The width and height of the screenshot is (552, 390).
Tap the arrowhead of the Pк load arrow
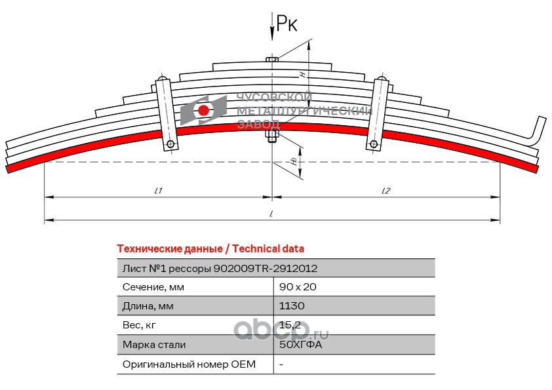(x=272, y=35)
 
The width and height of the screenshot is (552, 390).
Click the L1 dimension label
(x=159, y=191)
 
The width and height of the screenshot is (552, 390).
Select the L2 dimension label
(x=386, y=191)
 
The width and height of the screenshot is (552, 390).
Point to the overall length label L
(x=271, y=214)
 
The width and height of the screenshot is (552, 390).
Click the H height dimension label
(x=303, y=74)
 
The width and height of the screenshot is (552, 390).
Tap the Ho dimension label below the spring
(x=294, y=161)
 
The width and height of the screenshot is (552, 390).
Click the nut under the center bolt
(x=272, y=136)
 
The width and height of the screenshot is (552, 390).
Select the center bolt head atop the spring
(x=272, y=60)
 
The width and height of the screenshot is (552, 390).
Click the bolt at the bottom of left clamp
(x=170, y=144)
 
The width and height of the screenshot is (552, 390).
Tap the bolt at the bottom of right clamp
(x=374, y=144)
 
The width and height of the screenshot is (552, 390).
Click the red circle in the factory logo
(x=203, y=110)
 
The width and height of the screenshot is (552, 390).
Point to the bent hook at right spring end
(x=536, y=131)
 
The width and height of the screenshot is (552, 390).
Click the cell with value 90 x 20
(x=298, y=287)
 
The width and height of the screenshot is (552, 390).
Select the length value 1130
(x=292, y=306)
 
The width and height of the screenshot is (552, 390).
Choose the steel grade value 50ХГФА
(x=301, y=344)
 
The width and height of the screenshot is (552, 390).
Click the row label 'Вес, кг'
(x=139, y=325)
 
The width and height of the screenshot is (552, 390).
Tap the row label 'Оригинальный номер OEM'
(x=189, y=364)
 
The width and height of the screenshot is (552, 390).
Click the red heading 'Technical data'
(x=268, y=249)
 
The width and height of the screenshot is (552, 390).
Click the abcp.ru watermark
(x=281, y=331)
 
